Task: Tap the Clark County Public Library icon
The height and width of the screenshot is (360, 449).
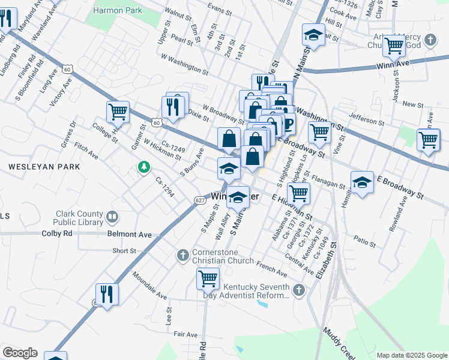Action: click(112, 217)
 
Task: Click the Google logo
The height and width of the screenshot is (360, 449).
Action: click(20, 353)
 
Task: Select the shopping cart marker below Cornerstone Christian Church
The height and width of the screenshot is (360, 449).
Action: click(208, 278)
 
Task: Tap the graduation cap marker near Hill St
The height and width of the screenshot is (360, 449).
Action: click(313, 35)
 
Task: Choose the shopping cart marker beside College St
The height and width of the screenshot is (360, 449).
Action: click(118, 111)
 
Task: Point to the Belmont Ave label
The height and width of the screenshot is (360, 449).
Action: click(129, 233)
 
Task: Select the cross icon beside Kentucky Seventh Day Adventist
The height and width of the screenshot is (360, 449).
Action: click(299, 290)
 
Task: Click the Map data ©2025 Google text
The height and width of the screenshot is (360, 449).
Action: click(411, 355)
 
